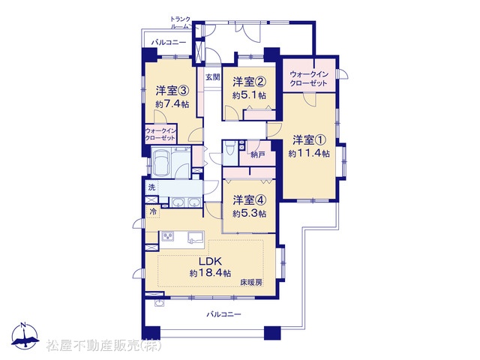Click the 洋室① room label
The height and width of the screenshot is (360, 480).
pyautogui.click(x=309, y=140)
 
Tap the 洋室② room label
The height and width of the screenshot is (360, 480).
pyautogui.click(x=249, y=82)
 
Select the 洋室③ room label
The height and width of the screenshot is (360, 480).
pyautogui.click(x=172, y=91)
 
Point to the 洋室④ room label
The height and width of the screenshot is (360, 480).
pyautogui.click(x=249, y=200)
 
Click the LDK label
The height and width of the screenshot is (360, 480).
pyautogui.click(x=210, y=262)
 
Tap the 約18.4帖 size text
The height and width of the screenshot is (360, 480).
pyautogui.click(x=210, y=273)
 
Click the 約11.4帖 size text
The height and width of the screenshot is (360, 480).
pyautogui.click(x=309, y=153)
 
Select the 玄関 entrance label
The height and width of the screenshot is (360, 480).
pyautogui.click(x=212, y=76)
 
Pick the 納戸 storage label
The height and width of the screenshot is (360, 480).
pyautogui.click(x=258, y=155)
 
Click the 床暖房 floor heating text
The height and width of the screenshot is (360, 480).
pyautogui.click(x=251, y=282)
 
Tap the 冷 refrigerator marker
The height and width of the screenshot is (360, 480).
pyautogui.click(x=153, y=211)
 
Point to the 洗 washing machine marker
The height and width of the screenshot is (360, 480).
pyautogui.click(x=151, y=187)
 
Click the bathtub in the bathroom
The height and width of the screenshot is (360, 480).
pyautogui.click(x=161, y=162)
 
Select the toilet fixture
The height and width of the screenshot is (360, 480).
pyautogui.click(x=229, y=150)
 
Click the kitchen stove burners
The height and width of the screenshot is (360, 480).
pyautogui.click(x=168, y=236)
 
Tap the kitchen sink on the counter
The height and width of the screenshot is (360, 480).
pyautogui.click(x=195, y=237)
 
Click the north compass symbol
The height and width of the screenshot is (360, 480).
pyautogui.click(x=25, y=336)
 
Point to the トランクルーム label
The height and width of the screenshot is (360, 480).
pyautogui.click(x=181, y=22)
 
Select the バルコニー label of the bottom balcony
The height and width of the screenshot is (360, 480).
pyautogui.click(x=223, y=314)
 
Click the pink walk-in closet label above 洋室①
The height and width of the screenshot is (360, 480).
pyautogui.click(x=308, y=79)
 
